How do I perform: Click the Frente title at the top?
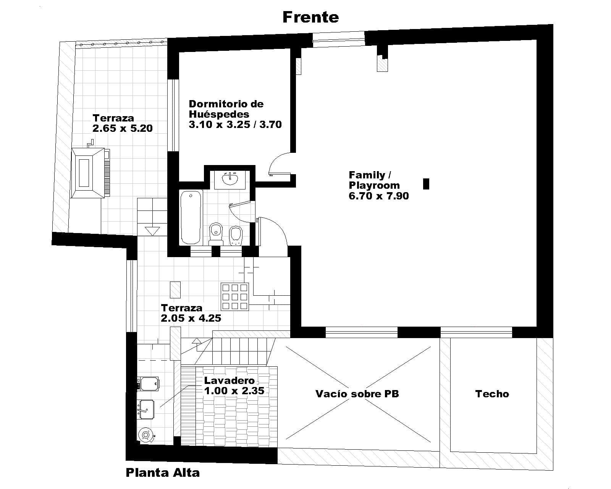pos(310,17)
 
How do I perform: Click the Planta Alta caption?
pos(163,473)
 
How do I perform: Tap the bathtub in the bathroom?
pos(191,217)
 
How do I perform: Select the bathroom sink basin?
pos(230,179)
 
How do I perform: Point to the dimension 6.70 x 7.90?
pos(378,196)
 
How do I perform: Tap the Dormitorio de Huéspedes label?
pos(226,109)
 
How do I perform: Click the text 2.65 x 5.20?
pos(122,128)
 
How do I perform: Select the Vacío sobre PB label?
pos(357,394)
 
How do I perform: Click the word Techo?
pos(492,394)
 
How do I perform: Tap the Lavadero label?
pos(229,381)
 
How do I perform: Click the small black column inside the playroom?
pos(426,184)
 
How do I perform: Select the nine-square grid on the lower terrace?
pos(234,296)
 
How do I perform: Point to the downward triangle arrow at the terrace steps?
pos(152,231)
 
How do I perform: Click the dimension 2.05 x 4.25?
pos(191,318)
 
